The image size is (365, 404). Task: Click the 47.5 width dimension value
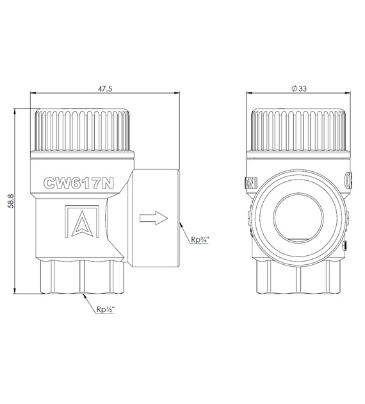tap(105, 88)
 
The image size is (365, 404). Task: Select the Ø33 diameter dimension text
tap(299, 88)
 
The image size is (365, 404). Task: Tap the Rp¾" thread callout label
tap(200, 239)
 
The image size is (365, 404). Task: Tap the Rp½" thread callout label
tap(105, 309)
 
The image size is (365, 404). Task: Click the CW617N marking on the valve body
tap(79, 183)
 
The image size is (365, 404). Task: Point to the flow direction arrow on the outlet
tap(154, 218)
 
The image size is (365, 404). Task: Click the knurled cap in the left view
tap(83, 130)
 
